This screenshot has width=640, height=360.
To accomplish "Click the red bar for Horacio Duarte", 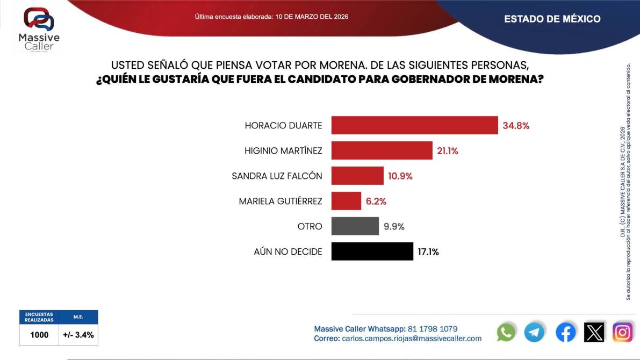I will click(x=414, y=125).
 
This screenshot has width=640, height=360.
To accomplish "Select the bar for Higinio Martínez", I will click(x=382, y=150).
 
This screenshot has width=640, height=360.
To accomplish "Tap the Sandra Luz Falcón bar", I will click(x=357, y=176).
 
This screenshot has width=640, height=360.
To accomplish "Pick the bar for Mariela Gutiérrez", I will click(x=346, y=201).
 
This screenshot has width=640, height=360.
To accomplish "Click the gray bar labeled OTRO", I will click(x=355, y=226).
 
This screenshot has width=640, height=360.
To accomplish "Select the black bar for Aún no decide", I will click(x=372, y=251).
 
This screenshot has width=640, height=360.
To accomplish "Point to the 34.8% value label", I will click(x=516, y=126).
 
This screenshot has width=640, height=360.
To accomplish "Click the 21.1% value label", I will click(x=447, y=151).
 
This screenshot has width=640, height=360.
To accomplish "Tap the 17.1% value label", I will click(x=428, y=251).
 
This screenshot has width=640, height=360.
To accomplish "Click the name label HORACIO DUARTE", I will click(x=283, y=126).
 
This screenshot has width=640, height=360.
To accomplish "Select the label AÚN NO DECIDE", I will click(x=287, y=251).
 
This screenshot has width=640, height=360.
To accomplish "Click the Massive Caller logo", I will click(x=39, y=30).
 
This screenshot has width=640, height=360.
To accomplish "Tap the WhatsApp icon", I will click(x=506, y=332).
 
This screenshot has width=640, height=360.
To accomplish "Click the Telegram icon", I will click(x=534, y=332).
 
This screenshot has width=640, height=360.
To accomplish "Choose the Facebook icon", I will click(x=565, y=332).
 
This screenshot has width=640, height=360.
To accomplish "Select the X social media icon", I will click(x=594, y=332).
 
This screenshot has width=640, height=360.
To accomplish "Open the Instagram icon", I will click(x=622, y=332).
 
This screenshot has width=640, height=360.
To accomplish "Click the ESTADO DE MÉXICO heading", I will click(x=552, y=19).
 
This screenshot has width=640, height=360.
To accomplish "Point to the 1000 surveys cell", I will click(x=39, y=335).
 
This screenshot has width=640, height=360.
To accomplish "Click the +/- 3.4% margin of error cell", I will click(x=78, y=335).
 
